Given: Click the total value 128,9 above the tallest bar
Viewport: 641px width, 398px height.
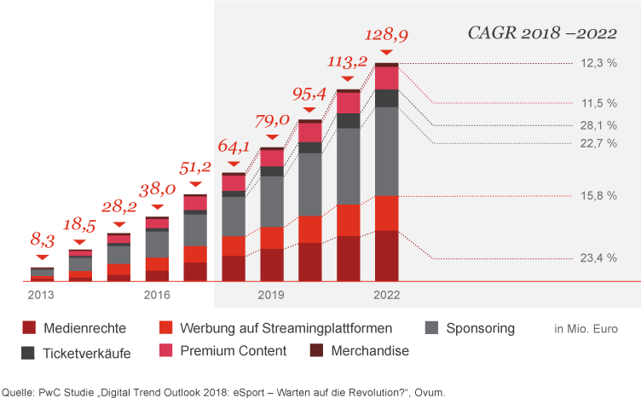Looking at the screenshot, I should [386, 35].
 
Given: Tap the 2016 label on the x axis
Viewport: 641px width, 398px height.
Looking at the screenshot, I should [157, 295].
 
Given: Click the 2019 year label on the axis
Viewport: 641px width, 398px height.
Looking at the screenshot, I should [271, 295].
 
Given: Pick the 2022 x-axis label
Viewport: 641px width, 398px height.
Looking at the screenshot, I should [386, 295].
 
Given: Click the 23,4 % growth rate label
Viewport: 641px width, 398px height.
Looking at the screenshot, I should [598, 258].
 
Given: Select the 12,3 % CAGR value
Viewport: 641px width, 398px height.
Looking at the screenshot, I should [598, 63].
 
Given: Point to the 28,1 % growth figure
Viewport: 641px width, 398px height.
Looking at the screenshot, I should [598, 124].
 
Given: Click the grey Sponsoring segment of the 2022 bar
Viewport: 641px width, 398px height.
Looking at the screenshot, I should [386, 151].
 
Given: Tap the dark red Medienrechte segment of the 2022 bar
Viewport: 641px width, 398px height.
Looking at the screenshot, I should [386, 255].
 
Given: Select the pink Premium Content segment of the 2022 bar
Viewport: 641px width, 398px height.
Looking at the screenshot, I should [386, 78].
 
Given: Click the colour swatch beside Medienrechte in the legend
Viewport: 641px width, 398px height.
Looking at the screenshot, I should [29, 328].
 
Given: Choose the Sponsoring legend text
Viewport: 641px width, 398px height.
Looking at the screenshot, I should [481, 328].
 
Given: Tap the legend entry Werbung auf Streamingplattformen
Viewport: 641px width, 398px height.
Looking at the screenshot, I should [286, 328].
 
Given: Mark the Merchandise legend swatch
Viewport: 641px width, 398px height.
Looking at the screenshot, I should [316, 350].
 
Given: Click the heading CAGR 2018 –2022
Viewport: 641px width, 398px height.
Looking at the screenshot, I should [542, 33].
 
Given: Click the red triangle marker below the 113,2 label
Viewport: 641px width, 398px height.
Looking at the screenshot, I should [348, 79].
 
